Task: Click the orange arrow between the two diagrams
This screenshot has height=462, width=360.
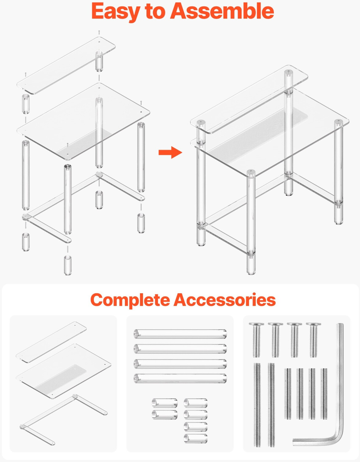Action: click(x=170, y=152)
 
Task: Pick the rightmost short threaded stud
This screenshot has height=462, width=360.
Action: click(x=324, y=394)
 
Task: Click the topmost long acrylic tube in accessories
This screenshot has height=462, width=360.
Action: click(x=180, y=334)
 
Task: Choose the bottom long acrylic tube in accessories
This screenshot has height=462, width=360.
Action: click(x=180, y=379)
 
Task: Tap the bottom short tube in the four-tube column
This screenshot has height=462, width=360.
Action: click(x=196, y=438)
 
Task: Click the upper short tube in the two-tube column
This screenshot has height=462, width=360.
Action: click(x=165, y=403)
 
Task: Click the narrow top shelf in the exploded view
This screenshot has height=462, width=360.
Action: click(x=66, y=65)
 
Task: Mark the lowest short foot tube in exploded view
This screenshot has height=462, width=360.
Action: click(x=68, y=265)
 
